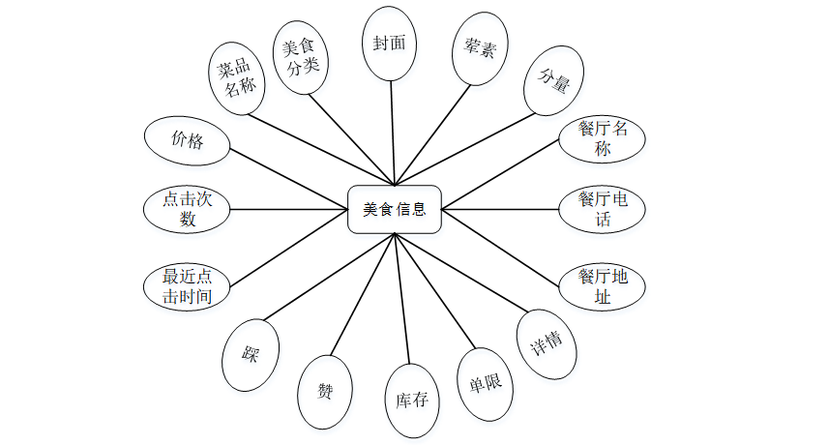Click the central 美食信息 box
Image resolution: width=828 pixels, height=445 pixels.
pyautogui.click(x=395, y=209)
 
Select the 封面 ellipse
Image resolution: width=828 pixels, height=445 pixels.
pyautogui.click(x=390, y=44)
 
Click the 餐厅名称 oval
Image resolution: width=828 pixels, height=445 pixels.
pyautogui.click(x=603, y=138)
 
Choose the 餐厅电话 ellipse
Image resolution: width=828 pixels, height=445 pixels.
pyautogui.click(x=603, y=209)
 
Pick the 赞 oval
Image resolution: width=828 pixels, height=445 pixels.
pyautogui.click(x=325, y=391)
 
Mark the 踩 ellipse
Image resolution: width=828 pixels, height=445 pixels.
pyautogui.click(x=251, y=354)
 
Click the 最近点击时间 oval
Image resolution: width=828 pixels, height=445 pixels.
pyautogui.click(x=187, y=287)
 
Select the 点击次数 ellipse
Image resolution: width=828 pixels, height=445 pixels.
pyautogui.click(x=187, y=209)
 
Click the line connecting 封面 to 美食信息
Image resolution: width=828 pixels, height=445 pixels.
pyautogui.click(x=392, y=131)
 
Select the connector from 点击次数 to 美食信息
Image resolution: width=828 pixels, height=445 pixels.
pyautogui.click(x=290, y=209)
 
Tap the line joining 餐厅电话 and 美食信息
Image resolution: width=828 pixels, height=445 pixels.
pyautogui.click(x=501, y=209)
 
